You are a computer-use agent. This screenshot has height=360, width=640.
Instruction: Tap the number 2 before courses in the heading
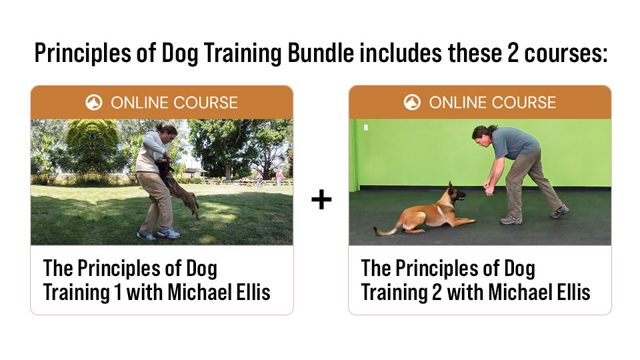click(513, 53)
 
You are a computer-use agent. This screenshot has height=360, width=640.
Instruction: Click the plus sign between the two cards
click(321, 199)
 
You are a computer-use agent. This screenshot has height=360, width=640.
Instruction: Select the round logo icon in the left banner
click(94, 103)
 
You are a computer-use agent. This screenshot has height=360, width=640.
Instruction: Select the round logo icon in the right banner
click(412, 103)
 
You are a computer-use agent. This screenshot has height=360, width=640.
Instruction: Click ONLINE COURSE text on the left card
click(174, 103)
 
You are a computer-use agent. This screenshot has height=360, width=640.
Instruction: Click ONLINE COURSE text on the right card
click(492, 103)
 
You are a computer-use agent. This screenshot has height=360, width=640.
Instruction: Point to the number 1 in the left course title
click(118, 292)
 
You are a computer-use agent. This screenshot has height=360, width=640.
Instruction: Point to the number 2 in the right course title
click(436, 292)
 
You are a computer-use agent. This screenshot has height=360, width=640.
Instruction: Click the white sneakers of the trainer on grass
click(160, 234)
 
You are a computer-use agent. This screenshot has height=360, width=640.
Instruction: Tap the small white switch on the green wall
click(366, 128)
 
